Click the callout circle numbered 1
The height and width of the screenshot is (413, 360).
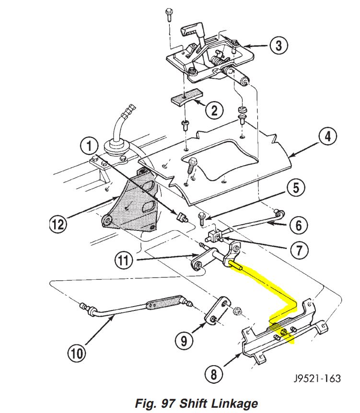pyautogui.click(x=91, y=146)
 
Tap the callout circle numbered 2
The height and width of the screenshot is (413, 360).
pyautogui.click(x=214, y=111)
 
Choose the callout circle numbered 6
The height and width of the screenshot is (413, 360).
pyautogui.click(x=298, y=224)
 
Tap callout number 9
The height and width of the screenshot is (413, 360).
pyautogui.click(x=184, y=340)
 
